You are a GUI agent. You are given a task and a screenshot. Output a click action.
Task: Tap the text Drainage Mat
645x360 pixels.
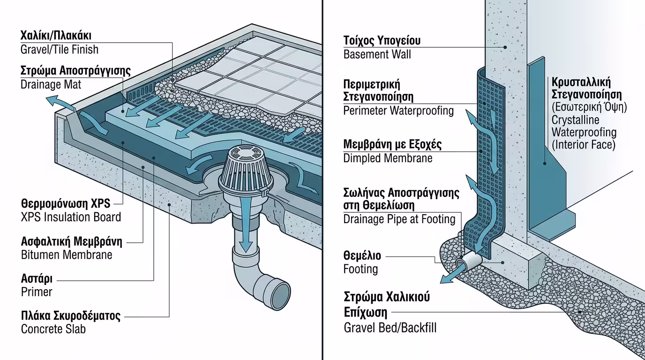coord(51,84)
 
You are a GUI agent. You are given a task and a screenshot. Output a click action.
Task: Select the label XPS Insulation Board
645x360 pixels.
coord(71,217)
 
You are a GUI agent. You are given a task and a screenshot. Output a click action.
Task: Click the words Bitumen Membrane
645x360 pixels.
coord(67,255)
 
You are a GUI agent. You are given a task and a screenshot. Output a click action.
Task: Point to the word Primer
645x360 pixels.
coord(37,292)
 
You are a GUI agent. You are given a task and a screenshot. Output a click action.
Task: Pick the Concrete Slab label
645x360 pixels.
coord(53,329)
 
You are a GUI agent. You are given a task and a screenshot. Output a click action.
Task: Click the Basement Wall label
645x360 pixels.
coord(377,54)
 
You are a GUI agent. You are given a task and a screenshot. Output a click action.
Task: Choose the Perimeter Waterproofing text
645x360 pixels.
coord(398,111)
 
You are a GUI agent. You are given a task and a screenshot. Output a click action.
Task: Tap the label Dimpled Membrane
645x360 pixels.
coord(388,158)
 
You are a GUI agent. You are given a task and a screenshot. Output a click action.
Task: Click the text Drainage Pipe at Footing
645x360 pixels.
coord(399,219)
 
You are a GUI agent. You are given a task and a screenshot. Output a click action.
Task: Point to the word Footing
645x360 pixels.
coord(360,269)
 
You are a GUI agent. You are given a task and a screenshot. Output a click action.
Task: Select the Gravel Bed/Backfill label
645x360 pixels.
coord(390,327)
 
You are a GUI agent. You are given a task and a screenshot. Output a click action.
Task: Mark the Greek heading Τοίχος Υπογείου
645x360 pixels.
coord(382,40)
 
